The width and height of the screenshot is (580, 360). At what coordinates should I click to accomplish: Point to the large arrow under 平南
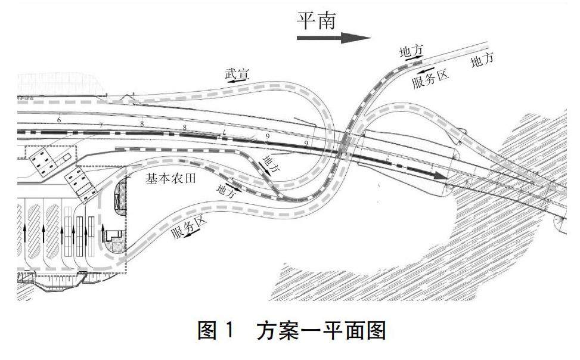(334, 38)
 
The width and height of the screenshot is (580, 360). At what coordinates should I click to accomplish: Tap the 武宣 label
(237, 75)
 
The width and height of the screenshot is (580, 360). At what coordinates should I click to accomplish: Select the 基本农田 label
(170, 178)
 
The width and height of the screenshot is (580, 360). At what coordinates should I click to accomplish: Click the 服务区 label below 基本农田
(188, 226)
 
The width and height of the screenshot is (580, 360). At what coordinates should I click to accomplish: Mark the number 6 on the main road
(59, 120)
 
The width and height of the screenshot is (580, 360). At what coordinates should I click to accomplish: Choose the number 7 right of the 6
(101, 125)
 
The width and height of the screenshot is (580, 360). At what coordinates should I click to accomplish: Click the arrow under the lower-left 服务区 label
(193, 237)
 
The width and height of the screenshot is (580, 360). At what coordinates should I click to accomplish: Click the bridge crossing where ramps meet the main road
(345, 148)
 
